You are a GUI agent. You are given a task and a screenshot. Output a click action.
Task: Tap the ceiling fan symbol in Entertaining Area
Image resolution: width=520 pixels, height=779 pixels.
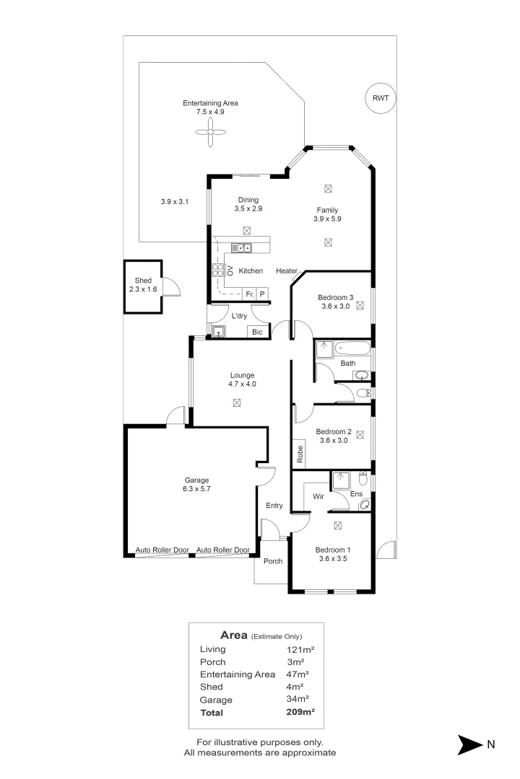[x=210, y=132]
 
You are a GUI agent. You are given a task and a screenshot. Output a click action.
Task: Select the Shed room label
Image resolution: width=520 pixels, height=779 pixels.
[x=143, y=280]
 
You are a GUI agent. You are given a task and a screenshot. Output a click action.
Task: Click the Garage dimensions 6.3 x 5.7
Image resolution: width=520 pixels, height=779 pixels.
[x=196, y=489]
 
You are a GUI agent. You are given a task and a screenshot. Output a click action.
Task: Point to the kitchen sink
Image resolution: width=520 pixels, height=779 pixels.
[x=241, y=247]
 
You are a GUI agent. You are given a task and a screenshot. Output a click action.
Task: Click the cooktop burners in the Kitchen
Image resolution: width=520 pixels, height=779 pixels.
[x=218, y=270]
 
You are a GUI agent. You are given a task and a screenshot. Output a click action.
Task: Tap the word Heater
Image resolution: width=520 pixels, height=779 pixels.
[x=287, y=270]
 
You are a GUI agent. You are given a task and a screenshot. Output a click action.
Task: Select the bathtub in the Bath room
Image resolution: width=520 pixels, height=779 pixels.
[x=352, y=348]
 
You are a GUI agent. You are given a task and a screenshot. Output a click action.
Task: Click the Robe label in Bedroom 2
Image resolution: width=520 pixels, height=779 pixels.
[x=300, y=454]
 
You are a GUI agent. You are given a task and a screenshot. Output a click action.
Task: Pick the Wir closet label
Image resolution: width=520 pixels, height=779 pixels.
[x=318, y=496]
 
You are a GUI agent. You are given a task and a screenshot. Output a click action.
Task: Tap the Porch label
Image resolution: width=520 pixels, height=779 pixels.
[x=273, y=561]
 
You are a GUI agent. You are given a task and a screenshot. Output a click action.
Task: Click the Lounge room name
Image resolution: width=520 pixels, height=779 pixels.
[x=243, y=375]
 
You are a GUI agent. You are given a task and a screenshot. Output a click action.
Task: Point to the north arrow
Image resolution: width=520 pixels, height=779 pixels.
[x=470, y=744]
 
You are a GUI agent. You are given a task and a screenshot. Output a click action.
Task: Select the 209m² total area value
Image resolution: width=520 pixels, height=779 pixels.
[x=300, y=712]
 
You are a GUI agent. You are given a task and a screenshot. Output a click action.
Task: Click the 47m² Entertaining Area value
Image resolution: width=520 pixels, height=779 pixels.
[x=298, y=674]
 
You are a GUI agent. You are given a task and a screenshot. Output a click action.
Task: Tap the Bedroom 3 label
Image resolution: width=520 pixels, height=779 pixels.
[x=335, y=298]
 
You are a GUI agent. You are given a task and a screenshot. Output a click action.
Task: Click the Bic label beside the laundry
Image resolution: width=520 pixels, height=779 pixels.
[x=257, y=332]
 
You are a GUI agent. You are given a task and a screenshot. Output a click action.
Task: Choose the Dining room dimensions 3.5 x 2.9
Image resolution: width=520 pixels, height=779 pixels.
[x=248, y=208]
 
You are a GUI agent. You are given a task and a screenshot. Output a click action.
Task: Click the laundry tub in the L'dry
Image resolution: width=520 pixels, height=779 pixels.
[x=218, y=331]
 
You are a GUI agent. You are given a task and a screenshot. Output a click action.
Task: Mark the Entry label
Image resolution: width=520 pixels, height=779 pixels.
[x=274, y=505]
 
